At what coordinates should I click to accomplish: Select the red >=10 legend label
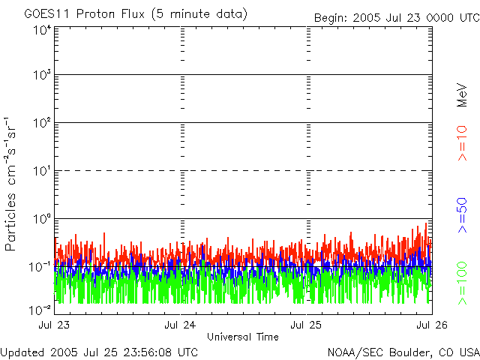pos(462,143)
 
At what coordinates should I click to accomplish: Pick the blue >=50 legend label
pos(462,215)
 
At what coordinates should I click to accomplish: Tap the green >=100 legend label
pos(462,283)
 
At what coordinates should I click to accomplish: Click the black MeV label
pos(462,95)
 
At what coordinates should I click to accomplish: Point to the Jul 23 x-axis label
pos(54,325)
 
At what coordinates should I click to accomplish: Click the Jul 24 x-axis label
pos(180,325)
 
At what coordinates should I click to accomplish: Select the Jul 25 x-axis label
pos(306,325)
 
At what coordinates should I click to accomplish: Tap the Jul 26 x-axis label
pos(432,325)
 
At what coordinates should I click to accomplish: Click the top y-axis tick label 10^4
pos(42,30)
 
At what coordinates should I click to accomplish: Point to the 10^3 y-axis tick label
pos(42,74)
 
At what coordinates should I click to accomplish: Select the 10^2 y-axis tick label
pos(42,122)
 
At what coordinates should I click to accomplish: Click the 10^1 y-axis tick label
pos(42,170)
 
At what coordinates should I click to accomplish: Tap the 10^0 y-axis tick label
pos(42,218)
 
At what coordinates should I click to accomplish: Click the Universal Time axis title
pos(243,337)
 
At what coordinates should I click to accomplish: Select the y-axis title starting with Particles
pos(10,184)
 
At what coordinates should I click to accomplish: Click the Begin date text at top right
pos(397,18)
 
